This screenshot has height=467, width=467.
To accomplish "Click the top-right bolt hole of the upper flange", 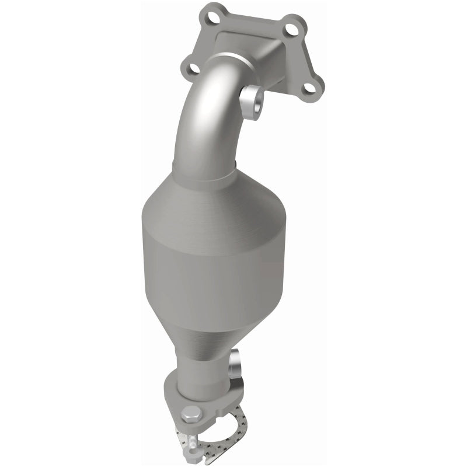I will pos(296,25).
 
